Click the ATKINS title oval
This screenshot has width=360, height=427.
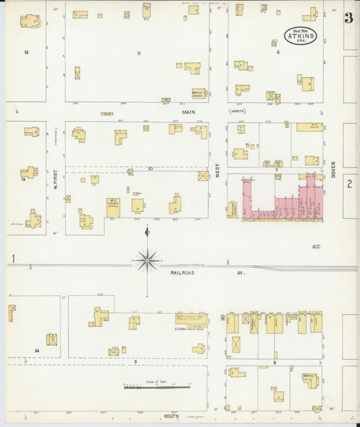[x=300, y=35]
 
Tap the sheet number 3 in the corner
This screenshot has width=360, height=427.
[x=349, y=18]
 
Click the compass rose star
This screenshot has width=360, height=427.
[x=147, y=259]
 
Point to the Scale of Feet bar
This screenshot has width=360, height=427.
[x=149, y=387]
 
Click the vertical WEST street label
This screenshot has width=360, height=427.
[x=217, y=173]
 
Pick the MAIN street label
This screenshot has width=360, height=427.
[x=188, y=111]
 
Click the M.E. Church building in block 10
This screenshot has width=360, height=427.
[x=113, y=207]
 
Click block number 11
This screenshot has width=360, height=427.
[x=138, y=53]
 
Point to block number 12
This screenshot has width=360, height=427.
[x=26, y=52]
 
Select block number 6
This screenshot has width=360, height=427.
[x=278, y=52]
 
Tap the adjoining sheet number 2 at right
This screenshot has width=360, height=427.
[x=349, y=184]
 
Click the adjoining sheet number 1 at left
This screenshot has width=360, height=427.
[x=13, y=258]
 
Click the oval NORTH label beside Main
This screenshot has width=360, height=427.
[x=236, y=110]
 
